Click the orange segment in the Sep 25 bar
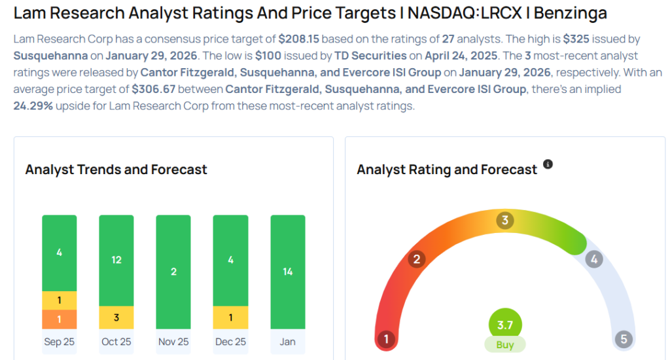click(60, 319)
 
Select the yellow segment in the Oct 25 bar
click(116, 317)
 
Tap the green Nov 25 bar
click(173, 272)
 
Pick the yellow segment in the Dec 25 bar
click(230, 317)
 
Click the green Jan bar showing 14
click(288, 272)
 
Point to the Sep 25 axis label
click(60, 342)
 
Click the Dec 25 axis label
click(230, 342)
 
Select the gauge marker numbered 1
click(387, 339)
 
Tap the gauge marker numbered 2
click(415, 259)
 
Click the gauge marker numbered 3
click(504, 220)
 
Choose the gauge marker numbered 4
click(594, 259)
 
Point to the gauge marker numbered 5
click(624, 339)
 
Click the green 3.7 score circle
click(505, 324)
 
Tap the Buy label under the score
click(505, 345)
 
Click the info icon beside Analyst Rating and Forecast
click(548, 164)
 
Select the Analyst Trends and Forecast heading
click(116, 170)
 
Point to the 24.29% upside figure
click(32, 105)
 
